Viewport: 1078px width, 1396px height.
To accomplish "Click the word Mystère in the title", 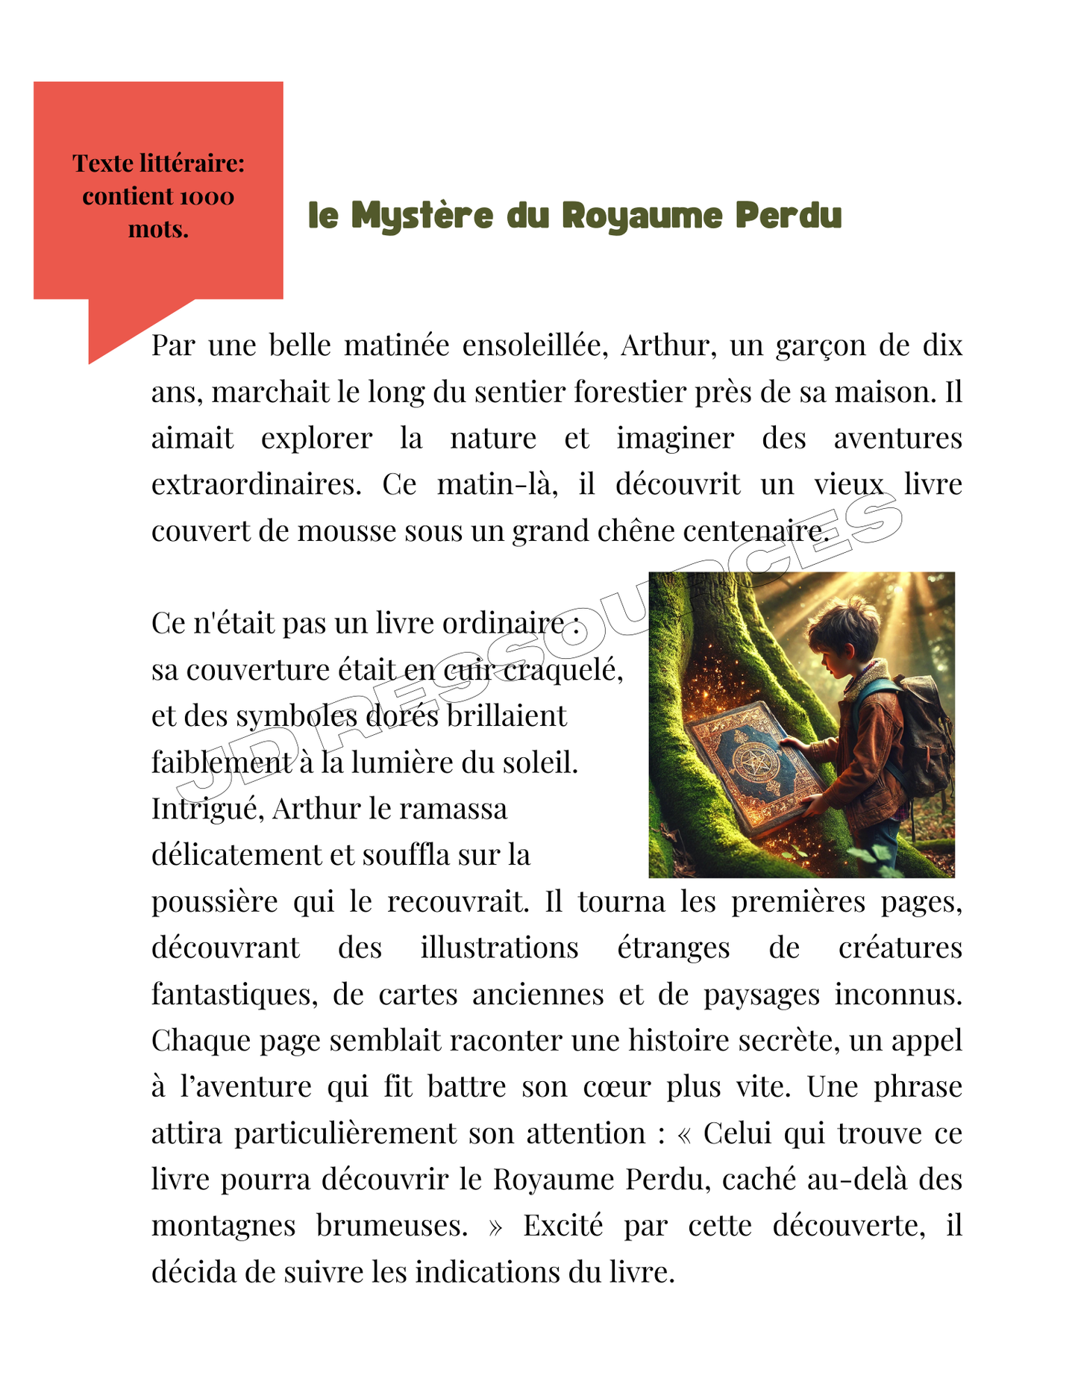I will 422,216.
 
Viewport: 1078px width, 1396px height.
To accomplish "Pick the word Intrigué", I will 207,809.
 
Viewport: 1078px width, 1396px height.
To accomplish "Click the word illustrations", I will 499,948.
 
